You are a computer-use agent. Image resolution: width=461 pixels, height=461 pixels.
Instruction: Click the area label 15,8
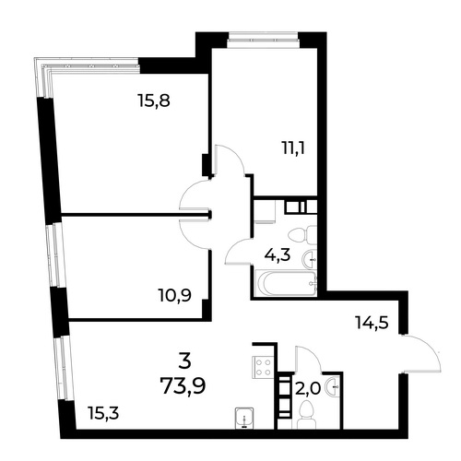click(x=154, y=100)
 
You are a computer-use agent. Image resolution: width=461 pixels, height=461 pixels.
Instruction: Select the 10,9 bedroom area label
click(x=175, y=296)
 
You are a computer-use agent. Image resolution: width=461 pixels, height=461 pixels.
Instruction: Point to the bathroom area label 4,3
click(x=278, y=254)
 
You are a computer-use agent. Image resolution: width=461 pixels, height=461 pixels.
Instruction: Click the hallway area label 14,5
click(x=372, y=323)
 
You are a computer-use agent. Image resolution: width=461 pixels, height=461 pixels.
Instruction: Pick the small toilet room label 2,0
click(x=308, y=389)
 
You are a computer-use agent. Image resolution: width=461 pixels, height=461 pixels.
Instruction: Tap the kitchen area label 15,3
click(x=103, y=413)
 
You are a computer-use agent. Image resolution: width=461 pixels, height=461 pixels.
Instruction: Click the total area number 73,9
click(x=183, y=385)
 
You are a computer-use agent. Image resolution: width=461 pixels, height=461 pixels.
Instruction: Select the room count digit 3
click(x=184, y=361)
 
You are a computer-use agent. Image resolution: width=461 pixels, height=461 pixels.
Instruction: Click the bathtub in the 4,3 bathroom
click(x=286, y=283)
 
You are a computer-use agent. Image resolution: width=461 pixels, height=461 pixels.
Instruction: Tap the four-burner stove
click(x=263, y=367)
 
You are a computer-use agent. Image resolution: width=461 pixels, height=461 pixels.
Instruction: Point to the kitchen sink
click(x=244, y=418)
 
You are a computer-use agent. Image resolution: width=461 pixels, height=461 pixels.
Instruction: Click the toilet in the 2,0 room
click(x=306, y=416)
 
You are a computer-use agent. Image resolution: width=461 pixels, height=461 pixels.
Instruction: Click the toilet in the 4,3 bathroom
click(x=302, y=235)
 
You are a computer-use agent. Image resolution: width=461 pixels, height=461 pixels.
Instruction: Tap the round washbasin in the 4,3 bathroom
click(x=310, y=260)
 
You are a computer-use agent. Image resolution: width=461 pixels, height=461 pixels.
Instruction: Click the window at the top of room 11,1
click(x=263, y=41)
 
